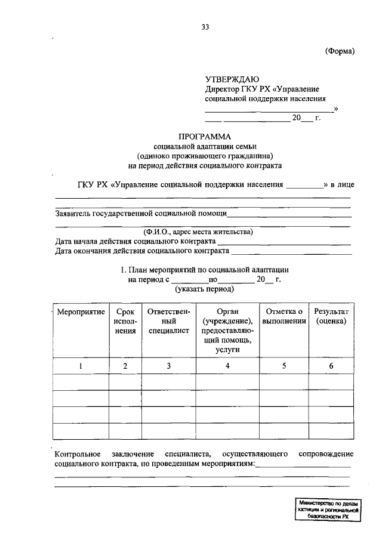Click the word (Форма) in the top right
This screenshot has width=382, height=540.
tap(340, 51)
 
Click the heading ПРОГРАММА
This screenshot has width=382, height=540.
tap(205, 136)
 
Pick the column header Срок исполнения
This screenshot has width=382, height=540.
tap(125, 321)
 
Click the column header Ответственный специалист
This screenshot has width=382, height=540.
tap(169, 321)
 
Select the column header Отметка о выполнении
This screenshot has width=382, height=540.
tap(284, 316)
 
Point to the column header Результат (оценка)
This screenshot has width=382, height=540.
tap(331, 316)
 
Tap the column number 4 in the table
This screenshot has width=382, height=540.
tap(227, 366)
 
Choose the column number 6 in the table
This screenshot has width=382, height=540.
tap(331, 366)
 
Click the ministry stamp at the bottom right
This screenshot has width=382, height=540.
tap(328, 512)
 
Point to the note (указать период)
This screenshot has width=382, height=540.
tap(204, 289)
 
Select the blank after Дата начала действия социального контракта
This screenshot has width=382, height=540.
tap(284, 242)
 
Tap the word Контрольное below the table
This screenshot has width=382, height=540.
tap(79, 455)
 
